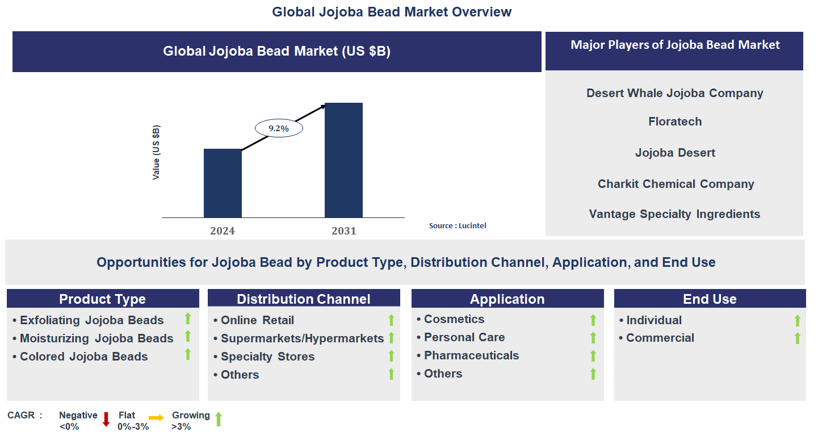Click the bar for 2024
coord(223,183)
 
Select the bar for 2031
coord(343,160)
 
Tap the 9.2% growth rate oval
coord(278,128)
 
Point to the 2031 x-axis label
coord(344,231)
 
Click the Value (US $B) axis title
coord(156,152)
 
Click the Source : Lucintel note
coord(458,225)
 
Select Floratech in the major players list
coord(675,121)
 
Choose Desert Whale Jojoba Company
coord(674,93)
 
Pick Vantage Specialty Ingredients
coord(674,214)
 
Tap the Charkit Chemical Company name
coord(676,184)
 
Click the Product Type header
coord(103,299)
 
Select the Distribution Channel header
coord(304,299)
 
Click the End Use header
coord(710,299)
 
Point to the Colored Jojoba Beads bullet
coord(83,357)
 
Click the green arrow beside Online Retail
coord(391,320)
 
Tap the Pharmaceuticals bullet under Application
coord(471,355)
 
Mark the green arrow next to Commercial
coord(797,338)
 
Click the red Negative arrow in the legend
coord(106,420)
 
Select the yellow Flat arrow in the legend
coord(156,417)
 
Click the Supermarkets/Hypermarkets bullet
coord(302,338)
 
